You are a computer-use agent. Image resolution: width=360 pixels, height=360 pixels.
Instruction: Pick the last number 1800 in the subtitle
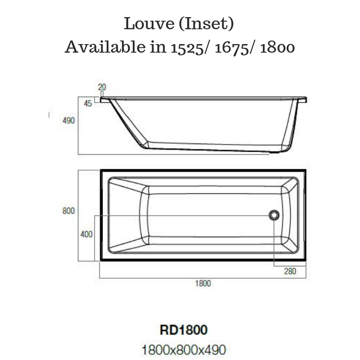pos(278,47)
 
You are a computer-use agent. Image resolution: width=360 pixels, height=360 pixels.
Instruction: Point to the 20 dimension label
pos(102,87)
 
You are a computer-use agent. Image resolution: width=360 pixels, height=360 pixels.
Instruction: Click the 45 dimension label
pos(88,103)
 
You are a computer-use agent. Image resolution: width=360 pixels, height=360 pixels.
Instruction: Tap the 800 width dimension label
pos(69,211)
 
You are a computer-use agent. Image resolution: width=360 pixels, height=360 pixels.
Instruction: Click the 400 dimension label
pos(86,234)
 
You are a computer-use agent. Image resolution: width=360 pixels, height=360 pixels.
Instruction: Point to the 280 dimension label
pos(290,271)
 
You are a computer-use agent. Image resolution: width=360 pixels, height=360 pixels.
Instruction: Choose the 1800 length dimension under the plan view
pos(203,283)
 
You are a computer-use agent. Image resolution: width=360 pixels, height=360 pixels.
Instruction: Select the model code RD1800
pos(184,330)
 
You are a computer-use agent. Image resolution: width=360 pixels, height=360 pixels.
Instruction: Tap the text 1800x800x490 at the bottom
pos(184,349)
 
